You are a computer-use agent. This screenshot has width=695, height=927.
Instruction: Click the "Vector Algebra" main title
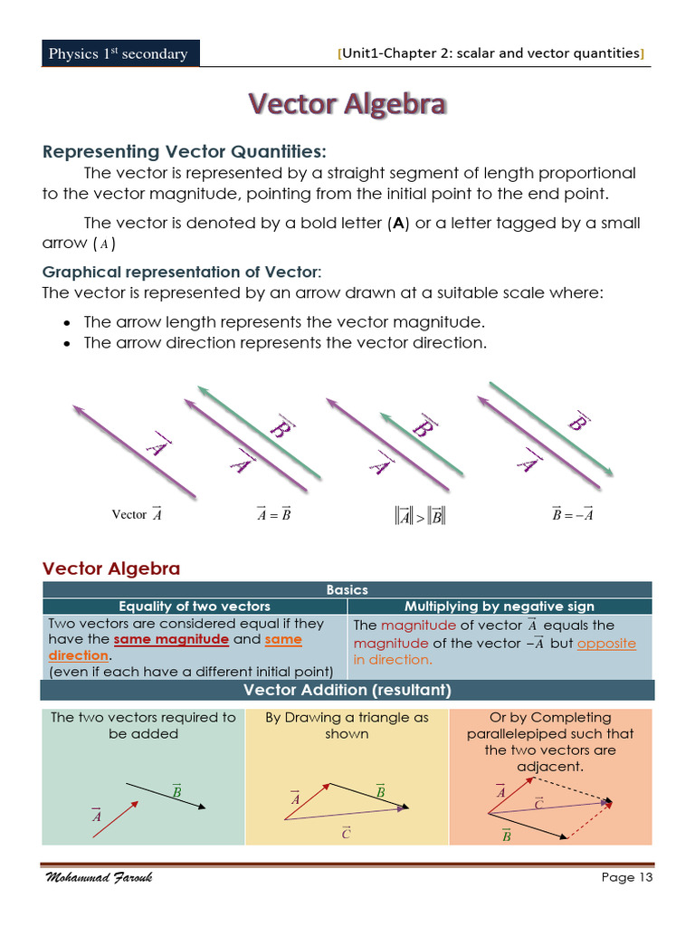click(347, 105)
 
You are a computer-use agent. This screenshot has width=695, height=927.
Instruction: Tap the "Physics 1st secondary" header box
click(119, 53)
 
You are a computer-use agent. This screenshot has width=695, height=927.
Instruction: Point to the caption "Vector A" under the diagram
click(137, 513)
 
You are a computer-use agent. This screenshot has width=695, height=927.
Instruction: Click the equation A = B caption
click(273, 514)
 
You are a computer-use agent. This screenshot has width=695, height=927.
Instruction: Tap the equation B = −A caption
click(572, 514)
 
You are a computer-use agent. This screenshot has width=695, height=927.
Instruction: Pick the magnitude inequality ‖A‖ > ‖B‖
click(421, 516)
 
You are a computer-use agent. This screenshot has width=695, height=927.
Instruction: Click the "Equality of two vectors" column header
click(195, 606)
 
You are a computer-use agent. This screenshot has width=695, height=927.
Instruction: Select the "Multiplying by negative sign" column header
click(499, 606)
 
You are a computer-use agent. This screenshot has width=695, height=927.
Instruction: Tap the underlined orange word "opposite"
click(606, 643)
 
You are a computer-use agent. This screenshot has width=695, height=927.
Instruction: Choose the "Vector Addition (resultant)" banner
click(347, 690)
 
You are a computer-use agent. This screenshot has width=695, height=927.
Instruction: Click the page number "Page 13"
click(626, 876)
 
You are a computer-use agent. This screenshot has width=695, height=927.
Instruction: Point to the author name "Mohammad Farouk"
click(99, 877)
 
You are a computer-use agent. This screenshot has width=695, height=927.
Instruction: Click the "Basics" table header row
click(347, 589)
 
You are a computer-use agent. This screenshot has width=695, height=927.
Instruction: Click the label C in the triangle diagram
click(346, 832)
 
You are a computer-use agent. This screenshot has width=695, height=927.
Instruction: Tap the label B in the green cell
click(177, 791)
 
